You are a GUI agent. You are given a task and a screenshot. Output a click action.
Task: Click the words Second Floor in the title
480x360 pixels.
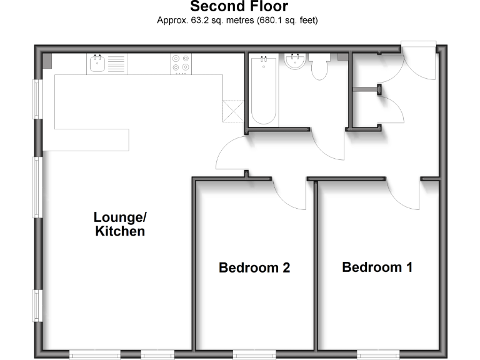click(239, 7)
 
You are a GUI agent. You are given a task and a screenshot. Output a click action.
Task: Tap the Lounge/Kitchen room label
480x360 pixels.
click(120, 224)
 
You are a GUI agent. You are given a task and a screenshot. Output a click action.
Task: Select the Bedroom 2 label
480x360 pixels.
click(254, 268)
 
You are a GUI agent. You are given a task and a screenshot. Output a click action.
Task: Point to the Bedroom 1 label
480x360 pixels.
click(377, 267)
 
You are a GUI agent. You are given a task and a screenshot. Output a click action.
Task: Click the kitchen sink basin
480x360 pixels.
click(97, 63)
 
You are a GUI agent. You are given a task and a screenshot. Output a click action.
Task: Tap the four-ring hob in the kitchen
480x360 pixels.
click(181, 63)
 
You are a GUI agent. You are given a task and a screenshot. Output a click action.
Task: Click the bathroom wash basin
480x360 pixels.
click(294, 62)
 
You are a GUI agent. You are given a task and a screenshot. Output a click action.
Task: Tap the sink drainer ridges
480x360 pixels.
click(116, 63)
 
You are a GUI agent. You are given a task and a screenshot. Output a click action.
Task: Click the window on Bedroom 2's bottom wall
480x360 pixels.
click(254, 354)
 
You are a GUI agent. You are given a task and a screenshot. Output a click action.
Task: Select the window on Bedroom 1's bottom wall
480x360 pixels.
click(377, 354)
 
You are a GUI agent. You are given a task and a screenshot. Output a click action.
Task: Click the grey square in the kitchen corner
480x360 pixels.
click(47, 61)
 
